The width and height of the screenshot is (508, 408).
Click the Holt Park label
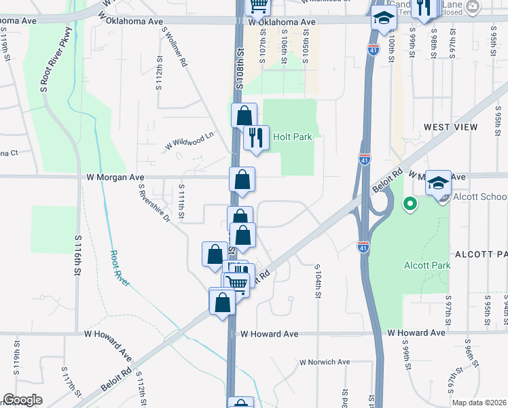coord(292,137)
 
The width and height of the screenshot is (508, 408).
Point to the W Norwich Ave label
coord(325,362)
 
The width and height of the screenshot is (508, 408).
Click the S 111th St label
coord(181,199)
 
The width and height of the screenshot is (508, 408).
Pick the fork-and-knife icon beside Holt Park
coord(256,138)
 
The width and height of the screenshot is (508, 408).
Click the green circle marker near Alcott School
coord(410,203)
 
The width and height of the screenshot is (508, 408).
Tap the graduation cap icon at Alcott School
coord(438,182)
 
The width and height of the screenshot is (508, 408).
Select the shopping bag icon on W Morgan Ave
coord(242,180)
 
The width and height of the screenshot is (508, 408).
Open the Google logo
coord(22,400)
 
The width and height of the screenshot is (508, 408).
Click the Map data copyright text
coord(479,403)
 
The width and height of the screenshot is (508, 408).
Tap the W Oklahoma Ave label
coord(283,22)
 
